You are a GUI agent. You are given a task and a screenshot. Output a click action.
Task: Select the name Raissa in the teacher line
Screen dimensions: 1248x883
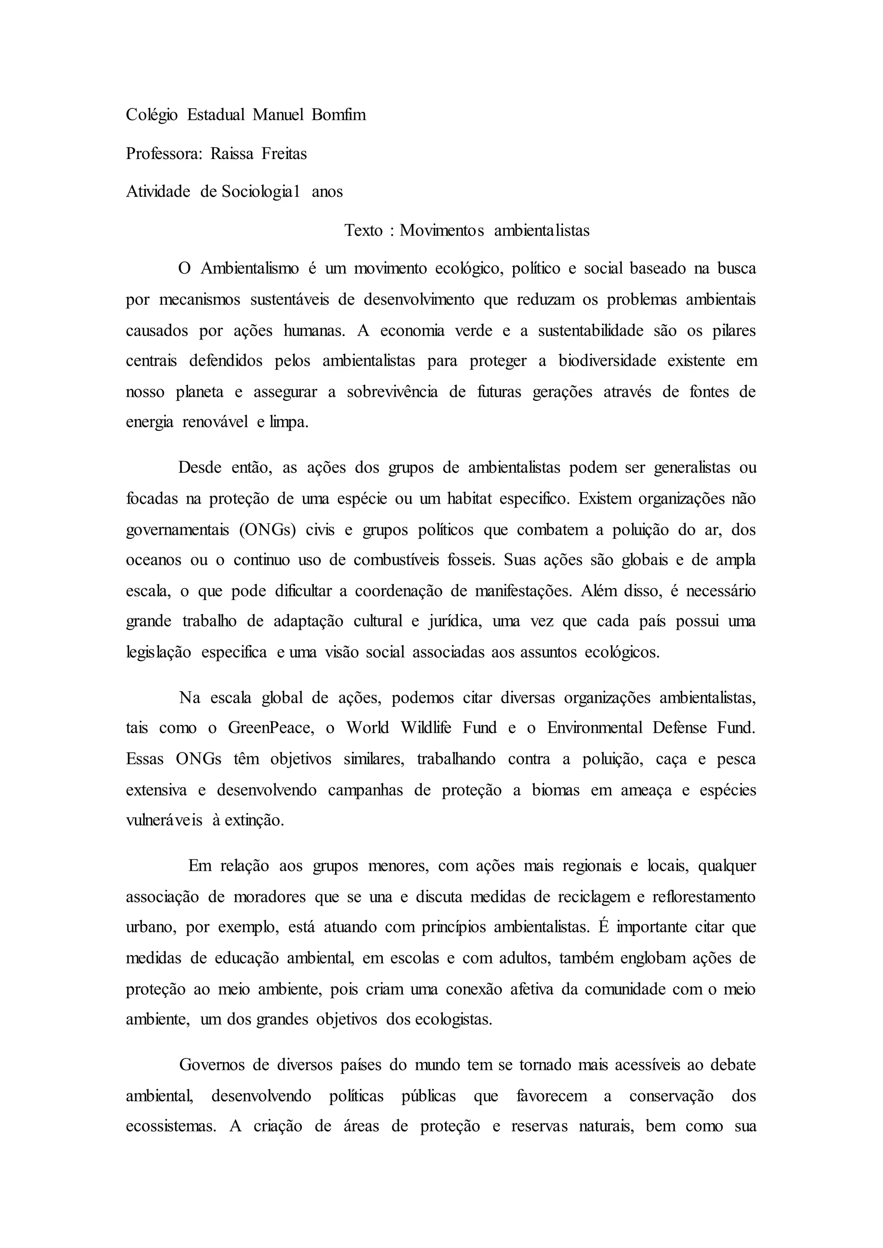coord(232,154)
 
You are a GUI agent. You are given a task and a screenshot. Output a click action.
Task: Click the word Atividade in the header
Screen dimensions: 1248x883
coord(158,191)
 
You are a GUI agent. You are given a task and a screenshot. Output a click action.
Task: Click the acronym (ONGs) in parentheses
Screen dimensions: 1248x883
coord(266,530)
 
